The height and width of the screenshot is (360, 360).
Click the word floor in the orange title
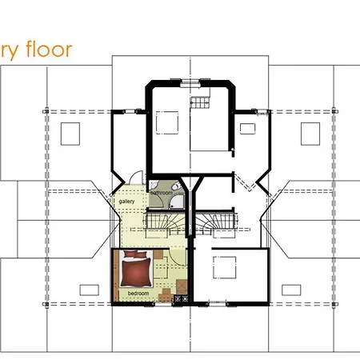pos(48,50)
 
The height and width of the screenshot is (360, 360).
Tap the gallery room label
pos(126,202)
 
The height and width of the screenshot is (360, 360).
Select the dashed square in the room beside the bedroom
pos(225,267)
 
